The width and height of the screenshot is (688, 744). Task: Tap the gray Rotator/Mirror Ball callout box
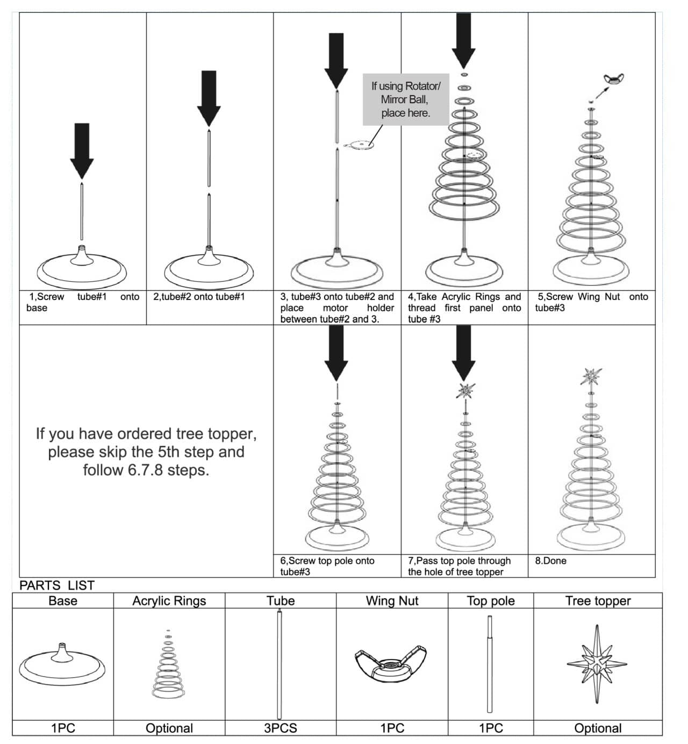pyautogui.click(x=406, y=99)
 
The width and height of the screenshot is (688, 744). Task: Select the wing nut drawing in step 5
pyautogui.click(x=613, y=80)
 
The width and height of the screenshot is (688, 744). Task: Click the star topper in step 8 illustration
pyautogui.click(x=591, y=376)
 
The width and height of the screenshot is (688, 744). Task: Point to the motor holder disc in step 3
pyautogui.click(x=359, y=145)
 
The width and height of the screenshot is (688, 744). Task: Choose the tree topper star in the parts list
pyautogui.click(x=597, y=664)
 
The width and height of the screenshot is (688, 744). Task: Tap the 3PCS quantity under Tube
pyautogui.click(x=280, y=728)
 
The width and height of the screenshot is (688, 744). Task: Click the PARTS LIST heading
pyautogui.click(x=57, y=585)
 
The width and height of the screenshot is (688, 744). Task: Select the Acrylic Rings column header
pyautogui.click(x=169, y=601)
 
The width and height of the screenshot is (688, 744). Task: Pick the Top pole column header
pyautogui.click(x=490, y=601)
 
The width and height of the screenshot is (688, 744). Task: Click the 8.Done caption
pyautogui.click(x=550, y=561)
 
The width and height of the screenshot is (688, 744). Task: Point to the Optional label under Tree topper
pyautogui.click(x=598, y=728)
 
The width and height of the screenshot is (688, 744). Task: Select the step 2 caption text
pyautogui.click(x=199, y=297)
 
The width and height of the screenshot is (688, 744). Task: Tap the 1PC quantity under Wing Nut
pyautogui.click(x=392, y=728)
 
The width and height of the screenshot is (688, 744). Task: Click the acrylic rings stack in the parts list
pyautogui.click(x=169, y=667)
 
